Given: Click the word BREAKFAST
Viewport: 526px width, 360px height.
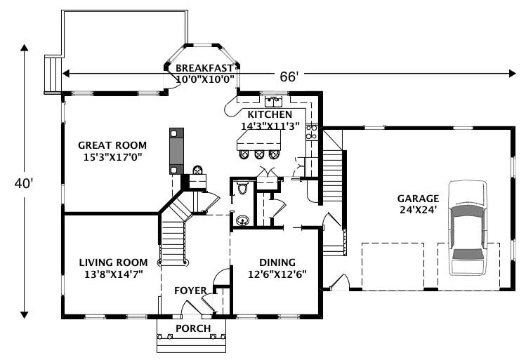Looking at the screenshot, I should (x=204, y=68).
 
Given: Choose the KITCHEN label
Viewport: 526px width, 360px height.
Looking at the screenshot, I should (x=269, y=114).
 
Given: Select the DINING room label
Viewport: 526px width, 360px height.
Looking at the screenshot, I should (x=277, y=262).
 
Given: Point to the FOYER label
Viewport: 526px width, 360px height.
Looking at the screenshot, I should (x=191, y=291).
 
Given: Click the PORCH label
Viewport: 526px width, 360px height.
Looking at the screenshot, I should (x=193, y=328).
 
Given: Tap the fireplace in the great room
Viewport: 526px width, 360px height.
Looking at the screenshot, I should (x=176, y=150).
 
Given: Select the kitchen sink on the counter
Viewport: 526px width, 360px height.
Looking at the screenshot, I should (x=274, y=100).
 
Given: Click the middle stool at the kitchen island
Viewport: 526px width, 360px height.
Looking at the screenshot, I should (x=261, y=154).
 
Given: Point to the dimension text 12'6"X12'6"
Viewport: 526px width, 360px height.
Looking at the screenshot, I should (x=277, y=274).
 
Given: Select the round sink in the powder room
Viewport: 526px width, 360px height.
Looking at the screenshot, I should (x=242, y=220).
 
